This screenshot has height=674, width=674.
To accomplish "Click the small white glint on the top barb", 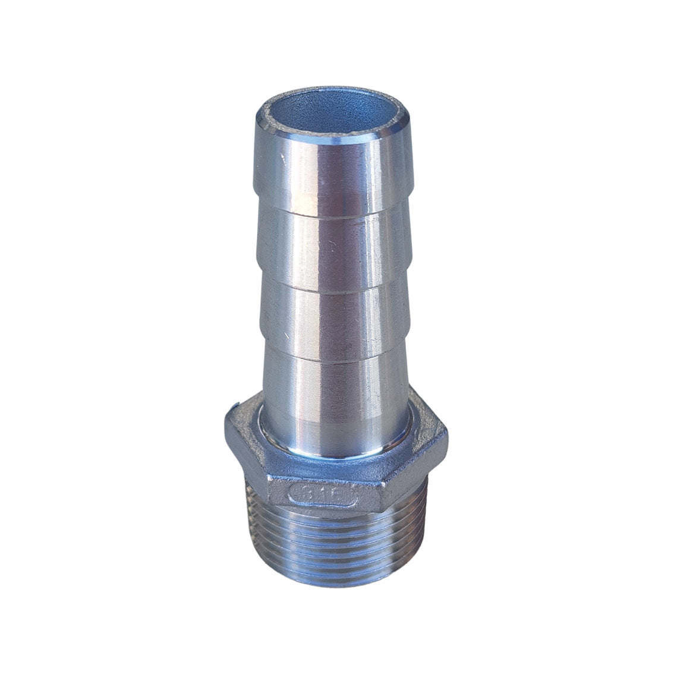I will click(x=281, y=156).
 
